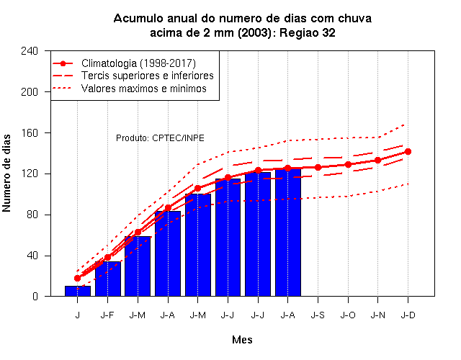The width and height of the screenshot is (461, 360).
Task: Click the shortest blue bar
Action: [78, 291]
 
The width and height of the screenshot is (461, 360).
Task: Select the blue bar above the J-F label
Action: [108, 279]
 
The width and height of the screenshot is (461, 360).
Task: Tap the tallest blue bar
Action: [288, 232]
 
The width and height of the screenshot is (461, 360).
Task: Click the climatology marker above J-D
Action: [408, 152]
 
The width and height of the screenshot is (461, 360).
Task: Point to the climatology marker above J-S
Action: [318, 167]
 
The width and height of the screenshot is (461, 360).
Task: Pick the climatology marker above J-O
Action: [348, 165]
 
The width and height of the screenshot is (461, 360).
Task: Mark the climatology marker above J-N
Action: [377, 160]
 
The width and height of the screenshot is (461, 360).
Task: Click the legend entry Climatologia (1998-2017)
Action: [124, 63]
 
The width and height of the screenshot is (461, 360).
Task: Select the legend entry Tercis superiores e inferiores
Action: [133, 76]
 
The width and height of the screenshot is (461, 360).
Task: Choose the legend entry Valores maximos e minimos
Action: [130, 88]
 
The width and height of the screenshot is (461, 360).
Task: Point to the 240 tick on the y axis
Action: [48, 51]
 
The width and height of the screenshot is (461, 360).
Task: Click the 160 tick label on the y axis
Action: [30, 132]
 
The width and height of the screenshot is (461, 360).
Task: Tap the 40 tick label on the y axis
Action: [32, 256]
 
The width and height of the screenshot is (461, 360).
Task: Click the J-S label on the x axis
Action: [318, 315]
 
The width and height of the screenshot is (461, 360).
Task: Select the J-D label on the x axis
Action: [408, 315]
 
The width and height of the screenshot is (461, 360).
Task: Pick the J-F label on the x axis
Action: [107, 315]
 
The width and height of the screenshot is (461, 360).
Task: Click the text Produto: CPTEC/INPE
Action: [160, 138]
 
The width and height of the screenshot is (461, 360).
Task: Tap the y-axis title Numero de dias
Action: [6, 173]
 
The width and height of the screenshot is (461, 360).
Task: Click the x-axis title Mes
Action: [242, 340]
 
